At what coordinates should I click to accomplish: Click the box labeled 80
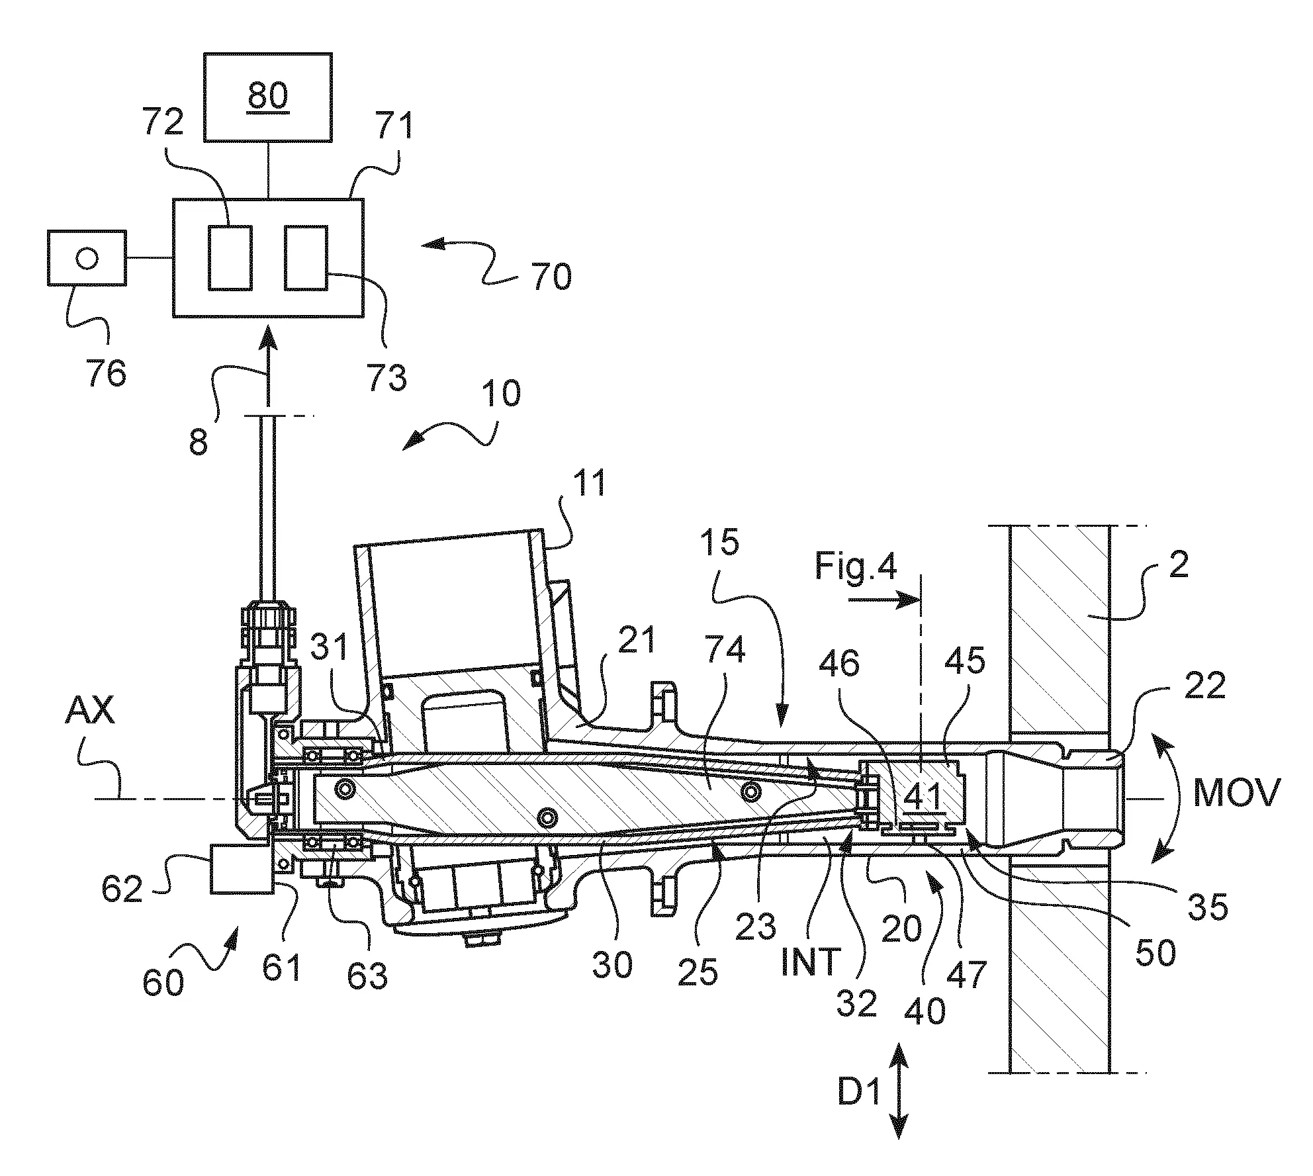coord(268,97)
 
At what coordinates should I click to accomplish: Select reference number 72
coord(163,124)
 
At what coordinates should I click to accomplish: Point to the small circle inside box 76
coord(87,257)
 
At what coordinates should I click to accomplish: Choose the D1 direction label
coord(858,1093)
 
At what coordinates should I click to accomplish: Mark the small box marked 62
coord(242,869)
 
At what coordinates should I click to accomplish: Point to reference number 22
coord(1206,688)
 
